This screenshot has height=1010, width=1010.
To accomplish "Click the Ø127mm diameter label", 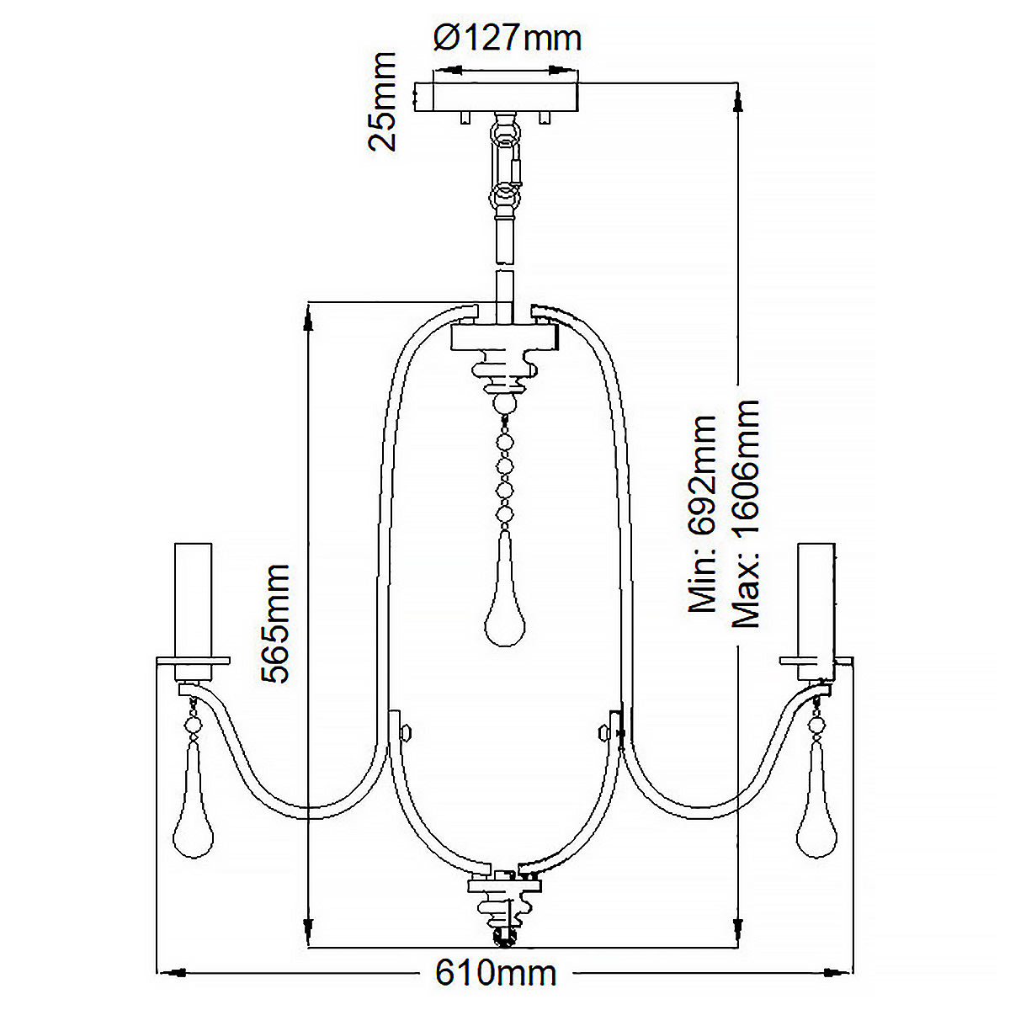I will [x=508, y=38].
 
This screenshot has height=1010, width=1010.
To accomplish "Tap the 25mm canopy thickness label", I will [x=383, y=101].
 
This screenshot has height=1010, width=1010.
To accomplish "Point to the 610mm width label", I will [x=496, y=973].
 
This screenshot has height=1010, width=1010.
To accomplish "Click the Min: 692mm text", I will [x=703, y=513].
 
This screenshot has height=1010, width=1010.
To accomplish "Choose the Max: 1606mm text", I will [x=746, y=513].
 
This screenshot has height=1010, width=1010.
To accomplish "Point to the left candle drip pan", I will [x=193, y=661].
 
